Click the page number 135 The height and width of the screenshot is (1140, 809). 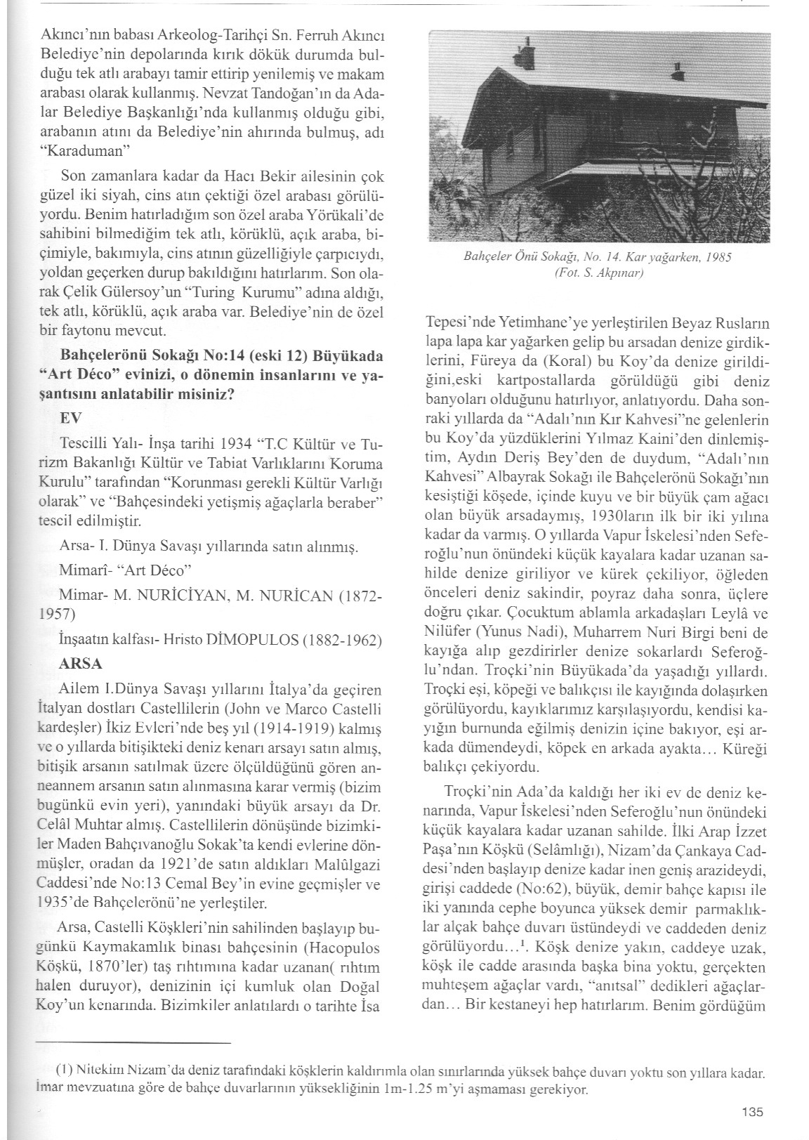751,1112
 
